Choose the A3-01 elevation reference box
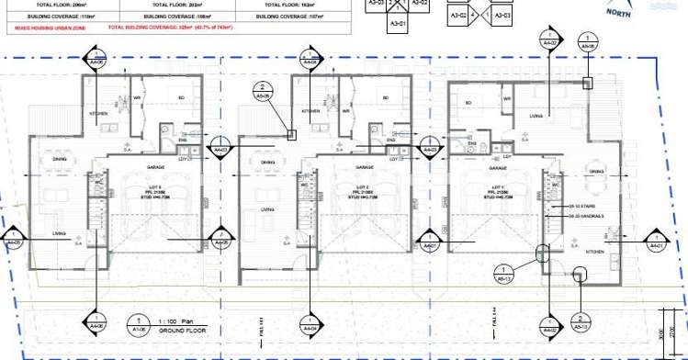pos(397,22)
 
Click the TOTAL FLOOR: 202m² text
pos(179,6)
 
